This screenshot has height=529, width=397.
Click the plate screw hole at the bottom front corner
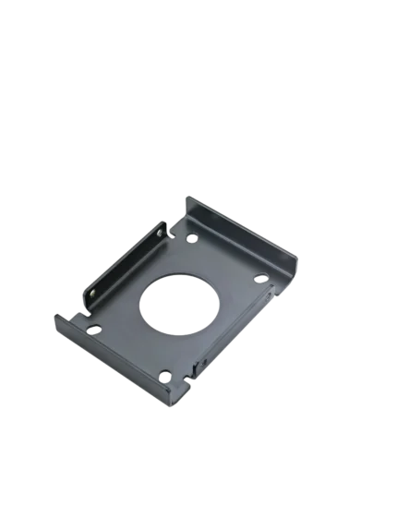coord(164,373)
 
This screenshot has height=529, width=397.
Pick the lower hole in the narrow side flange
coord(93,296)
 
